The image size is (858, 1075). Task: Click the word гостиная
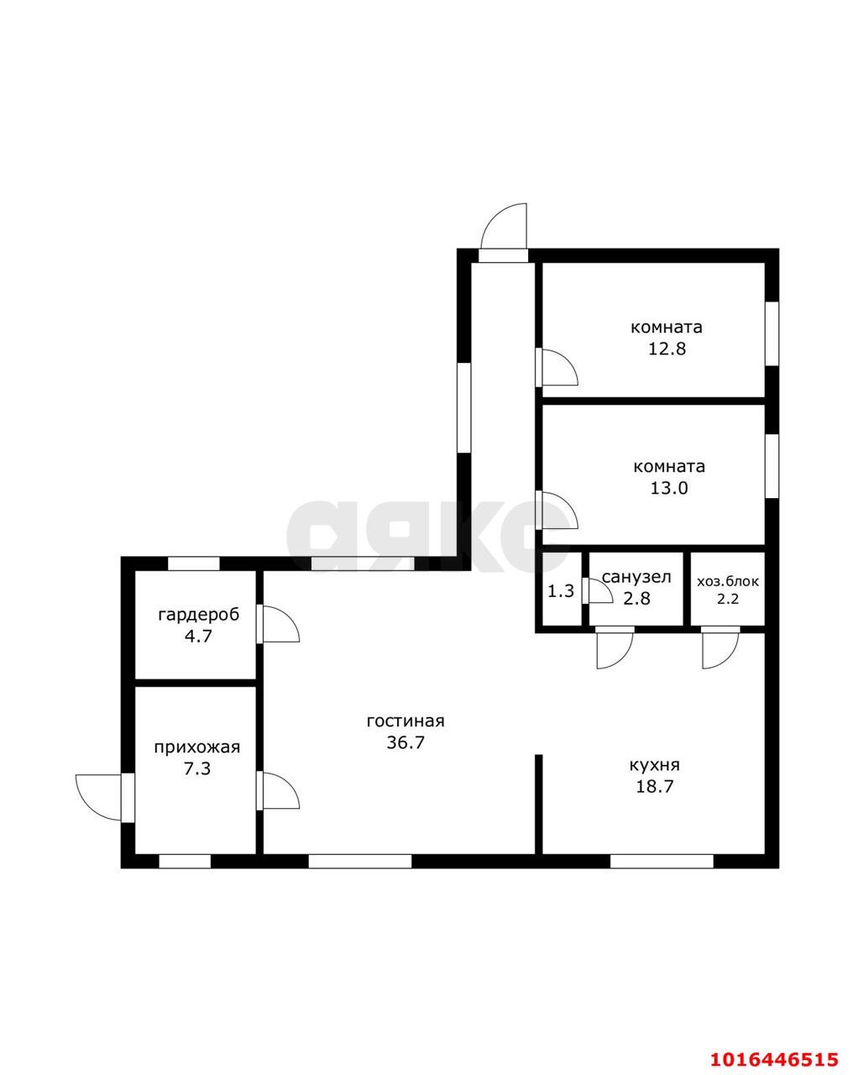[x=405, y=721]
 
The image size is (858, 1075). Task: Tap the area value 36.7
[x=405, y=742]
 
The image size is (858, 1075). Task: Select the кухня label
[x=654, y=765]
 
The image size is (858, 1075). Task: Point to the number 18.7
[x=654, y=787]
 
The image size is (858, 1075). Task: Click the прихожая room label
[x=197, y=747]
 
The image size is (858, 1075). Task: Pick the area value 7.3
[x=197, y=768]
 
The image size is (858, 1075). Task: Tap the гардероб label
[x=199, y=615]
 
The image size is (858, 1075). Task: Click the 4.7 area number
[x=198, y=637]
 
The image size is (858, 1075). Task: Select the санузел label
[x=636, y=578]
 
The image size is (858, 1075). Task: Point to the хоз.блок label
[x=728, y=581]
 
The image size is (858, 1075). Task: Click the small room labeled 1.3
[x=562, y=591]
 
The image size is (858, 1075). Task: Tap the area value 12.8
[x=667, y=349]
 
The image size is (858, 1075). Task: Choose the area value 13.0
[x=669, y=488]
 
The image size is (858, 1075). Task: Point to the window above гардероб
[x=193, y=564]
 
